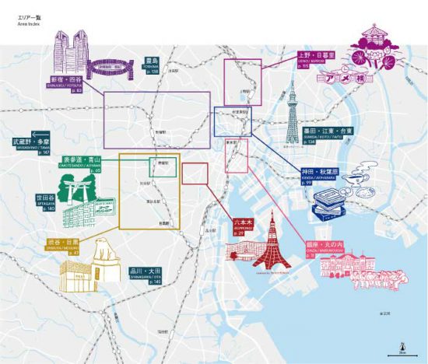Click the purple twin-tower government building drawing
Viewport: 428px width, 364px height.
(x=71, y=51)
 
